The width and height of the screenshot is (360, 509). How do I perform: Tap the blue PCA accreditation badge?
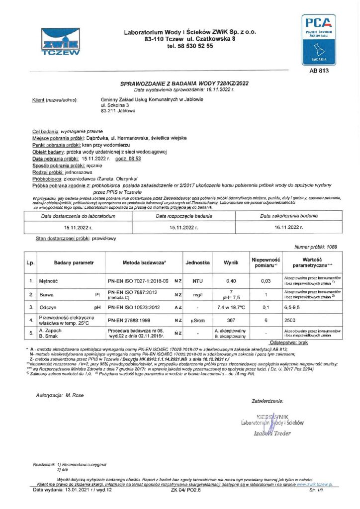(x=319, y=40)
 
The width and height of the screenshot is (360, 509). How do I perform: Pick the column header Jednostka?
(x=197, y=261)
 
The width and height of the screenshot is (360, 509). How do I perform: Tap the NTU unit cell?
(x=197, y=281)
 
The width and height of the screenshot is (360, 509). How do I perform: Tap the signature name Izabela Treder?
(x=272, y=433)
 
